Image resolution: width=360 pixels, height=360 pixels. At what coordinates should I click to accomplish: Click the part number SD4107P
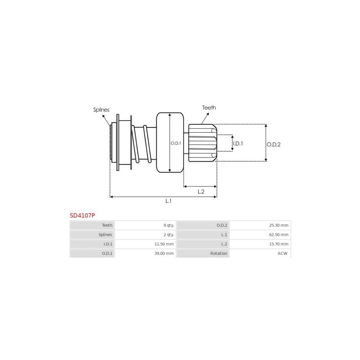coord(82,215)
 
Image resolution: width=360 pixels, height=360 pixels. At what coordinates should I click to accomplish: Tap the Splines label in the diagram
coord(101,109)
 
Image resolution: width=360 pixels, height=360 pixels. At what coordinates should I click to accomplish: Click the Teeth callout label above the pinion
coord(209,108)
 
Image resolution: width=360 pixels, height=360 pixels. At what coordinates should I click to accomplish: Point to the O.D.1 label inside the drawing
coord(175,143)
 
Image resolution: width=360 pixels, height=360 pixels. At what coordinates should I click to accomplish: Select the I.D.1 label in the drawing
coord(238,143)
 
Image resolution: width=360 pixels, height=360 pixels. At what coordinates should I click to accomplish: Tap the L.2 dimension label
coord(201,191)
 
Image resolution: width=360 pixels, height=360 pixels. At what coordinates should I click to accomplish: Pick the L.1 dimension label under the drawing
coord(168,201)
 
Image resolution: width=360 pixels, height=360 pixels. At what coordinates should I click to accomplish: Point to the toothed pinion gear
coord(202,143)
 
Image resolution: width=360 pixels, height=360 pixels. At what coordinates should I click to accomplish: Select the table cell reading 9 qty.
coord(167,225)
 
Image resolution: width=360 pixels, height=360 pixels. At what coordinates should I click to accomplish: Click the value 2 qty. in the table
coord(167,234)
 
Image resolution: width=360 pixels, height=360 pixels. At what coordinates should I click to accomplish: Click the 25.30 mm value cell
coord(279,225)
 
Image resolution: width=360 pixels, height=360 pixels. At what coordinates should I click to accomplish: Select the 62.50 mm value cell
coord(279,234)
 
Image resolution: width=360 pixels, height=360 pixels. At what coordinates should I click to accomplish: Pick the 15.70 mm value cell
coord(279,244)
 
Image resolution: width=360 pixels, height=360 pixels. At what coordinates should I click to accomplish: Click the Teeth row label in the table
coord(107,225)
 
